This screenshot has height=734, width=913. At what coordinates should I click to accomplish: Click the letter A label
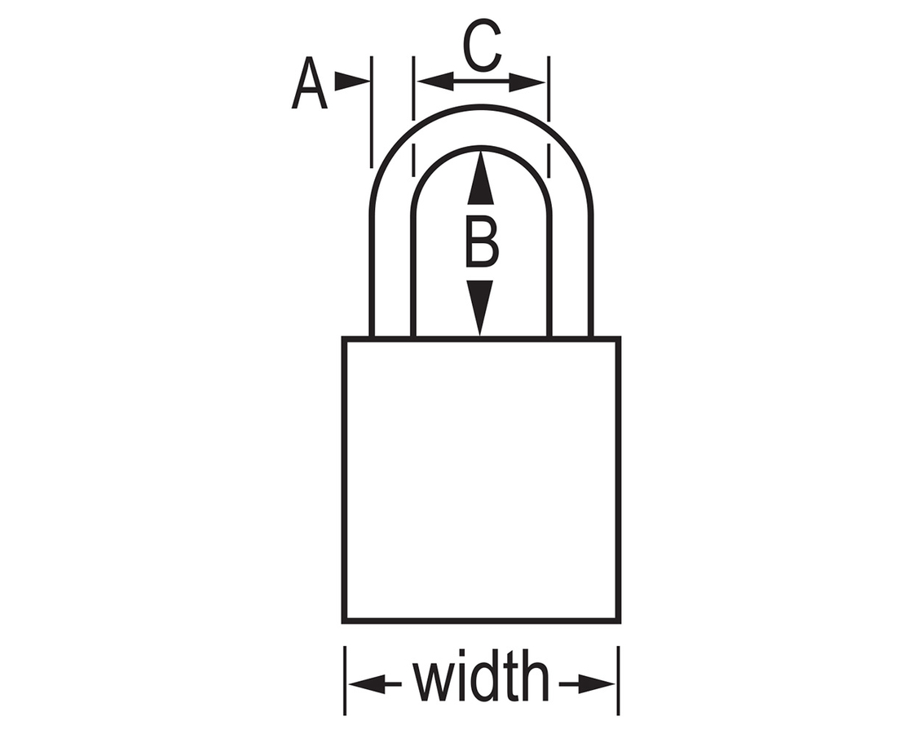click(x=309, y=83)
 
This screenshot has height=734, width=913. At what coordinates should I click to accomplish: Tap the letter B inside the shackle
click(x=482, y=241)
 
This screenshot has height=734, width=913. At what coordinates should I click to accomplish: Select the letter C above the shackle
click(x=483, y=45)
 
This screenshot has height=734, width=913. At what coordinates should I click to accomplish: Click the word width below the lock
click(x=481, y=676)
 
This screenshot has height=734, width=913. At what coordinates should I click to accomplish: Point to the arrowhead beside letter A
click(x=352, y=82)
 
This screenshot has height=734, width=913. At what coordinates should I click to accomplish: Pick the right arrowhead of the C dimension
click(x=527, y=82)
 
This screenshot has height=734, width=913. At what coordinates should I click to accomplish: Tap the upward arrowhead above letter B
click(x=480, y=178)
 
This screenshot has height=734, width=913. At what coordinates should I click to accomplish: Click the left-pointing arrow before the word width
click(x=375, y=684)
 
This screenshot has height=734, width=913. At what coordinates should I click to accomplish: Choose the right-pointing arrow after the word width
click(x=587, y=684)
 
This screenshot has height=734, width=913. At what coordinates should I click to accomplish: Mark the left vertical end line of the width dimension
click(x=346, y=680)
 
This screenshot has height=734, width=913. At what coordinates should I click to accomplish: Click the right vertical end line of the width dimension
click(x=618, y=680)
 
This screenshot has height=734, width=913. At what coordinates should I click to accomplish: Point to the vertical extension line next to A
click(x=372, y=112)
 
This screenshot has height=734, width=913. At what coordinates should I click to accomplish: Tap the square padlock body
click(x=481, y=480)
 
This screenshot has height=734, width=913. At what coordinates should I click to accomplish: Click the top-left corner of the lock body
click(x=343, y=338)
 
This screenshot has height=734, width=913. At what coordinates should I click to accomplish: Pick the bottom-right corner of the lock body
click(x=619, y=621)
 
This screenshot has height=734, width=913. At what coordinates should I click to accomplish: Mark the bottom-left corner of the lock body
click(x=343, y=621)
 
